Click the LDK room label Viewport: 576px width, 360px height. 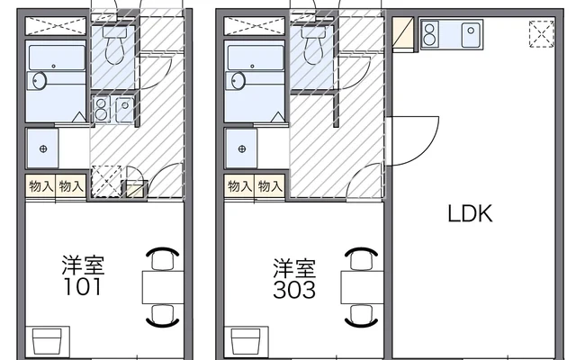pyautogui.click(x=470, y=213)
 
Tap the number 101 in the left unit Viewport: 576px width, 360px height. pyautogui.click(x=82, y=287)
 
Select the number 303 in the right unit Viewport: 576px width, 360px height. pyautogui.click(x=294, y=290)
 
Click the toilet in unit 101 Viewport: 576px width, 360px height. pyautogui.click(x=114, y=44)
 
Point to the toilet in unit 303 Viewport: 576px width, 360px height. pyautogui.click(x=313, y=44)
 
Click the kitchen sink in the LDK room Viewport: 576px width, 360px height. pyautogui.click(x=471, y=34)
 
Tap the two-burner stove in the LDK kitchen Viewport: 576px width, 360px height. pyautogui.click(x=429, y=34)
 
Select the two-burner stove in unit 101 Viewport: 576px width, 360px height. pyautogui.click(x=101, y=109)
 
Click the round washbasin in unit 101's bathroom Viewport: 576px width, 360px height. pyautogui.click(x=40, y=81)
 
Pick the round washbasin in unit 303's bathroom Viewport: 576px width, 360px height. pyautogui.click(x=238, y=81)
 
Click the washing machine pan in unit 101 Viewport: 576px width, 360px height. pyautogui.click(x=43, y=148)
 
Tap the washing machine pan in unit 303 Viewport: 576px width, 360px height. pyautogui.click(x=242, y=148)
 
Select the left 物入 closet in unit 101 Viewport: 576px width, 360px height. pyautogui.click(x=40, y=186)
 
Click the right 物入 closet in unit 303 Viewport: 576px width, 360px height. pyautogui.click(x=270, y=186)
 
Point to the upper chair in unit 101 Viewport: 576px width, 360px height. pyautogui.click(x=163, y=258)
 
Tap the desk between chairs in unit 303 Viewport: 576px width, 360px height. pyautogui.click(x=362, y=287)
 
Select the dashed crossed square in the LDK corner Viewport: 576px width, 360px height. pyautogui.click(x=542, y=34)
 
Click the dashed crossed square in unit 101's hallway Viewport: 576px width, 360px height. pyautogui.click(x=106, y=182)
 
